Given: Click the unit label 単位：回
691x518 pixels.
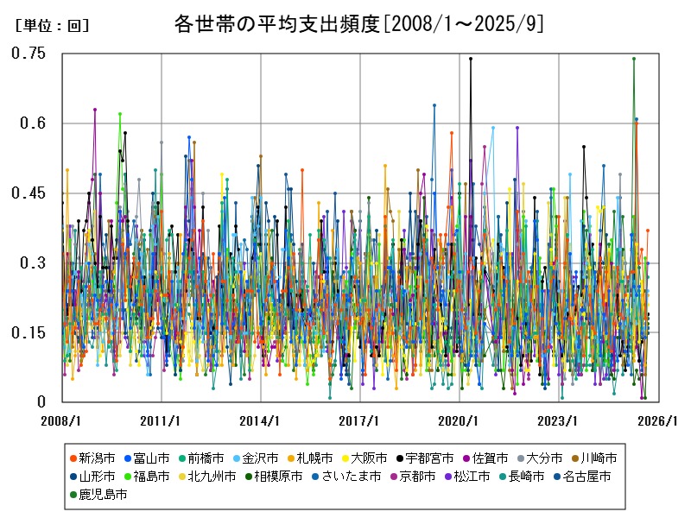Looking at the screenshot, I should point(52,26).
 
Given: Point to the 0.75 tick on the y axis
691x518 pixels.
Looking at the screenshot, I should point(28,54).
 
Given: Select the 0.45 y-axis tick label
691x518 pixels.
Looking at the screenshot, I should point(28,193).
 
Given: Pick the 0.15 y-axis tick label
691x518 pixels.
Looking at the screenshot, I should point(28,333).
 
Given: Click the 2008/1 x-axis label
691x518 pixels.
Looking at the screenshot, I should point(62,421).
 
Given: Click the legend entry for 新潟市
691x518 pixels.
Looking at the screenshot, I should point(95,457).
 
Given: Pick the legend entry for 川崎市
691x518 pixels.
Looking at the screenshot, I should point(594,457).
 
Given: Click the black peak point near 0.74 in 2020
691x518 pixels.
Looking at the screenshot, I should point(471,59).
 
